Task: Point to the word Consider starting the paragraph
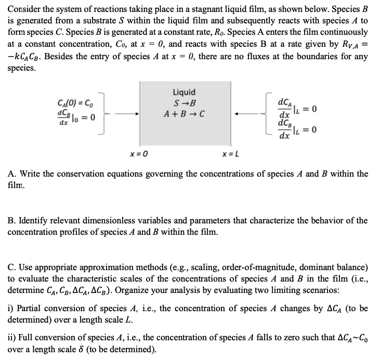[24, 9]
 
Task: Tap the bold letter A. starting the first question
[12, 174]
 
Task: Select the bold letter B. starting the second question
[12, 221]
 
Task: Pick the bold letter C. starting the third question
[12, 268]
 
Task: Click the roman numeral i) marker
[11, 309]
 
